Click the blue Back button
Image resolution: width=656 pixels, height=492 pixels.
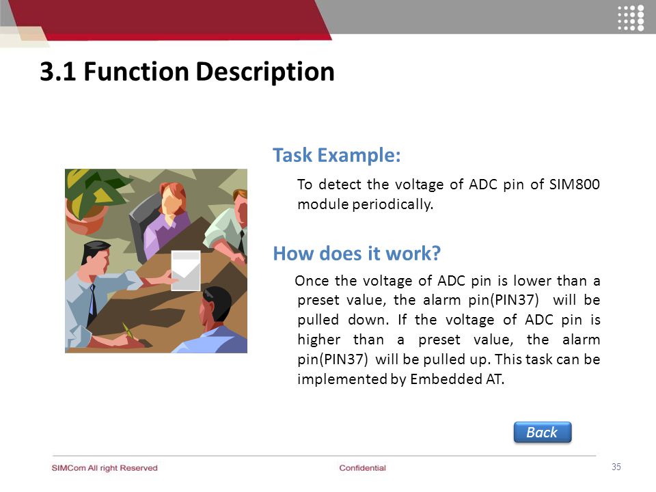click(542, 432)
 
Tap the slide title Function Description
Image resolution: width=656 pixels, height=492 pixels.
click(209, 72)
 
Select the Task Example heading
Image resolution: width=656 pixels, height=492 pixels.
click(337, 155)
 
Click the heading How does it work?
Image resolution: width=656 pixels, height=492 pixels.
click(357, 253)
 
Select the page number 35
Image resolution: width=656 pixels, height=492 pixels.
click(616, 467)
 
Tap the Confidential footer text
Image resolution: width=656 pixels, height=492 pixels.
click(362, 467)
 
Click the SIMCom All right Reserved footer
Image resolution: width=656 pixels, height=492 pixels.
click(105, 467)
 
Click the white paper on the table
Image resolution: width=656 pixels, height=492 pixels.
click(186, 271)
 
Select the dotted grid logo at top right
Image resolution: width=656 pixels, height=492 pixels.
click(631, 18)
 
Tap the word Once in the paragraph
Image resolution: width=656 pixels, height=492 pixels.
click(312, 280)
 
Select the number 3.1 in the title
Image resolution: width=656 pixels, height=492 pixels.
click(57, 72)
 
